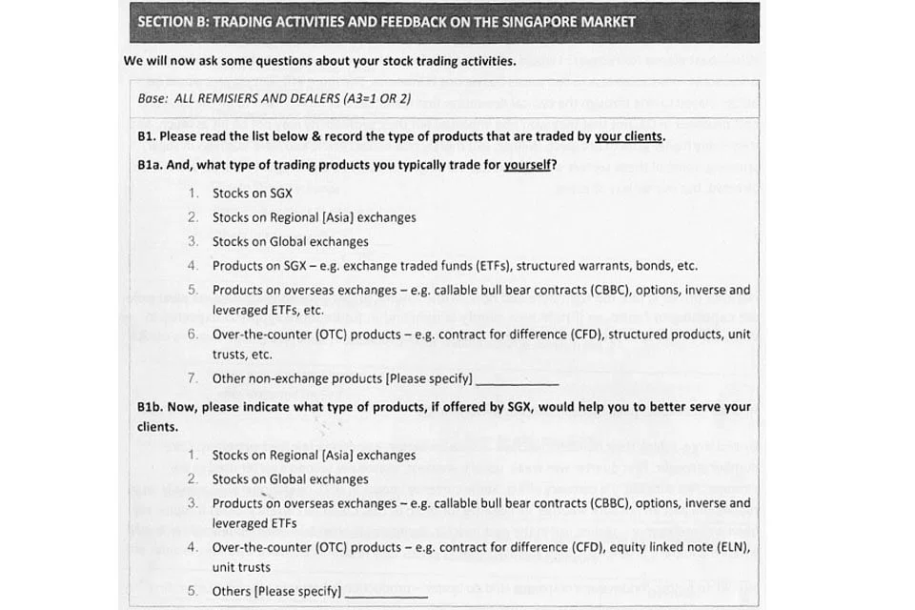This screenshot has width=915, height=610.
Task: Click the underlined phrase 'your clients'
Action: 629,136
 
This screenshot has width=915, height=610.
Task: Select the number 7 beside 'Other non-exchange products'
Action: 193,378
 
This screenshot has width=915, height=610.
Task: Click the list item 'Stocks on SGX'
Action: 253,193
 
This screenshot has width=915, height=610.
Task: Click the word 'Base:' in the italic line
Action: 153,98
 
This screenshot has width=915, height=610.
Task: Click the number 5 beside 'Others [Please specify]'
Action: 193,591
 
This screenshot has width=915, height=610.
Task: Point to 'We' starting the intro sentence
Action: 133,61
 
